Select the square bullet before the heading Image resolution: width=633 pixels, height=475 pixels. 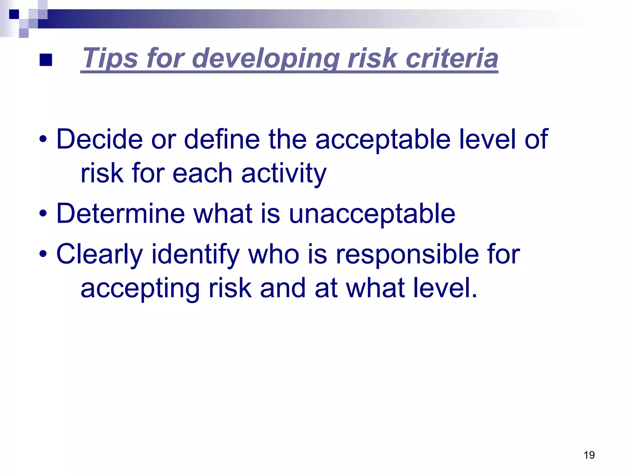[46, 60]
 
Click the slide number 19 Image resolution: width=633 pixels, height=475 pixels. [589, 455]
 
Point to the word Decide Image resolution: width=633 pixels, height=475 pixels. [99, 139]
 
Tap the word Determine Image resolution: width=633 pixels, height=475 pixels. [121, 213]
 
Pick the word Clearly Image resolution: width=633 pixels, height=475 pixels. [99, 254]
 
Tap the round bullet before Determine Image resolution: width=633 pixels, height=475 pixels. [43, 213]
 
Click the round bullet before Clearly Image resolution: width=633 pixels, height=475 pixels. [43, 254]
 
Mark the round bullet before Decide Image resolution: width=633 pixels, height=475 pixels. [43, 139]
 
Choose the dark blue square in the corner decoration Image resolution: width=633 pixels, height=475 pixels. [14, 14]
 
